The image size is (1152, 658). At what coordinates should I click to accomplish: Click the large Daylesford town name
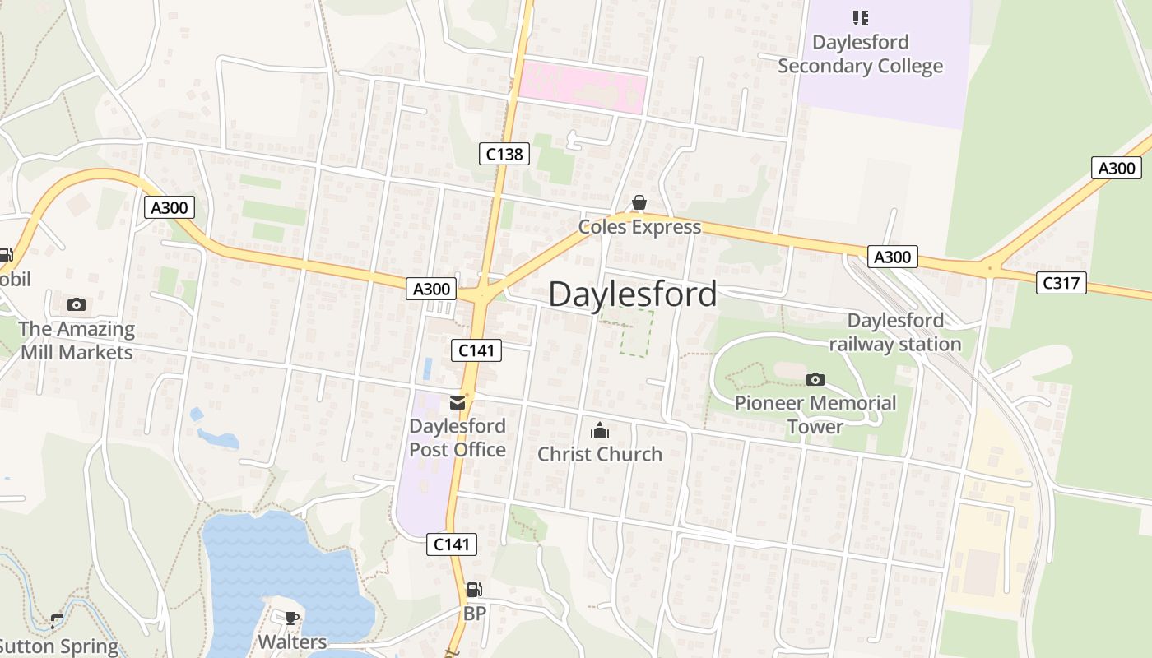[632, 294]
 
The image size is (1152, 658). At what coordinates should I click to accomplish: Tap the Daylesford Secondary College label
[860, 54]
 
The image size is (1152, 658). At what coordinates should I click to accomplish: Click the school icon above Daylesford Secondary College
[860, 17]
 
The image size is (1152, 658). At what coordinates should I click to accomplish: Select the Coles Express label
[639, 227]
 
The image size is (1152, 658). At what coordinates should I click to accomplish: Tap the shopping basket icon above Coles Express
[639, 202]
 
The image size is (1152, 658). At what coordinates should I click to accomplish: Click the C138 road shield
[504, 154]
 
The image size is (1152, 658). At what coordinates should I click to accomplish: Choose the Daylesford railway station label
[895, 332]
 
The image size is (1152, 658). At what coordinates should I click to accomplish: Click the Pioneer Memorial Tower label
[815, 415]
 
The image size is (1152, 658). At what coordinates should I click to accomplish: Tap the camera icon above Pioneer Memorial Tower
[815, 379]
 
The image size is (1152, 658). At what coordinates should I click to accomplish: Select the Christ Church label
[599, 454]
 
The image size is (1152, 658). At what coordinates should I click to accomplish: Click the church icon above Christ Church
[599, 430]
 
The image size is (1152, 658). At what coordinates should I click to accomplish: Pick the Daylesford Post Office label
[458, 438]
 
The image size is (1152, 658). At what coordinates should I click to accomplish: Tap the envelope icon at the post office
[458, 403]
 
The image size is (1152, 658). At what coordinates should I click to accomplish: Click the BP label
[475, 614]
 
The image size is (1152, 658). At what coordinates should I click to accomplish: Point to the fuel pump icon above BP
[474, 590]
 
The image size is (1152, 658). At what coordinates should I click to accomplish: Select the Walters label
[292, 642]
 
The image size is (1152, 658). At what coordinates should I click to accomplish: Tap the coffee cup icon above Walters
[291, 618]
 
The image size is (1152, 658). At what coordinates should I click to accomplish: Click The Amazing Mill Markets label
[77, 341]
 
